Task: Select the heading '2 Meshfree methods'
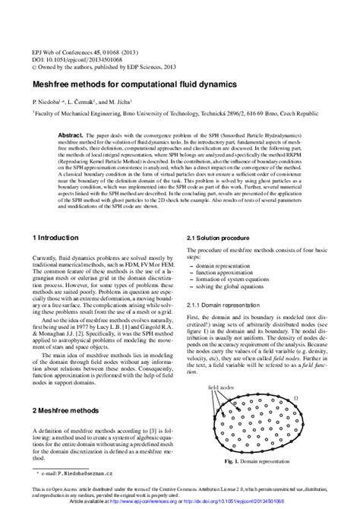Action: (x=67, y=409)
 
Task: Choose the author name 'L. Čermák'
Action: (x=81, y=100)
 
